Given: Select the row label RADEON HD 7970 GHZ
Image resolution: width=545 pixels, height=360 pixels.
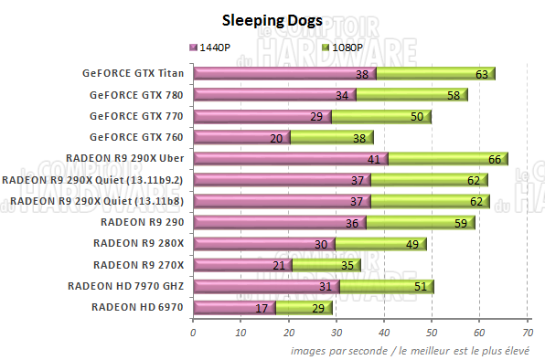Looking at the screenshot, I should (x=126, y=286).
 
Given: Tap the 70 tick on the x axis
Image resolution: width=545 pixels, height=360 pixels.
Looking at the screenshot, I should (x=527, y=334).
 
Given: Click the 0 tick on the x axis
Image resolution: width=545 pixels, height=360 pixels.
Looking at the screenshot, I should (x=193, y=334).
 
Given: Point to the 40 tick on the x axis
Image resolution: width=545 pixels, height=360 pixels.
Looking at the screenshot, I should (x=384, y=334).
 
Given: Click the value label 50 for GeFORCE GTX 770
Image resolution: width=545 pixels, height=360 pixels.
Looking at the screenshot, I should (x=417, y=116).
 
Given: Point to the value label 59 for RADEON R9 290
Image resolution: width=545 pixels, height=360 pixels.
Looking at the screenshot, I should (x=461, y=222).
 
